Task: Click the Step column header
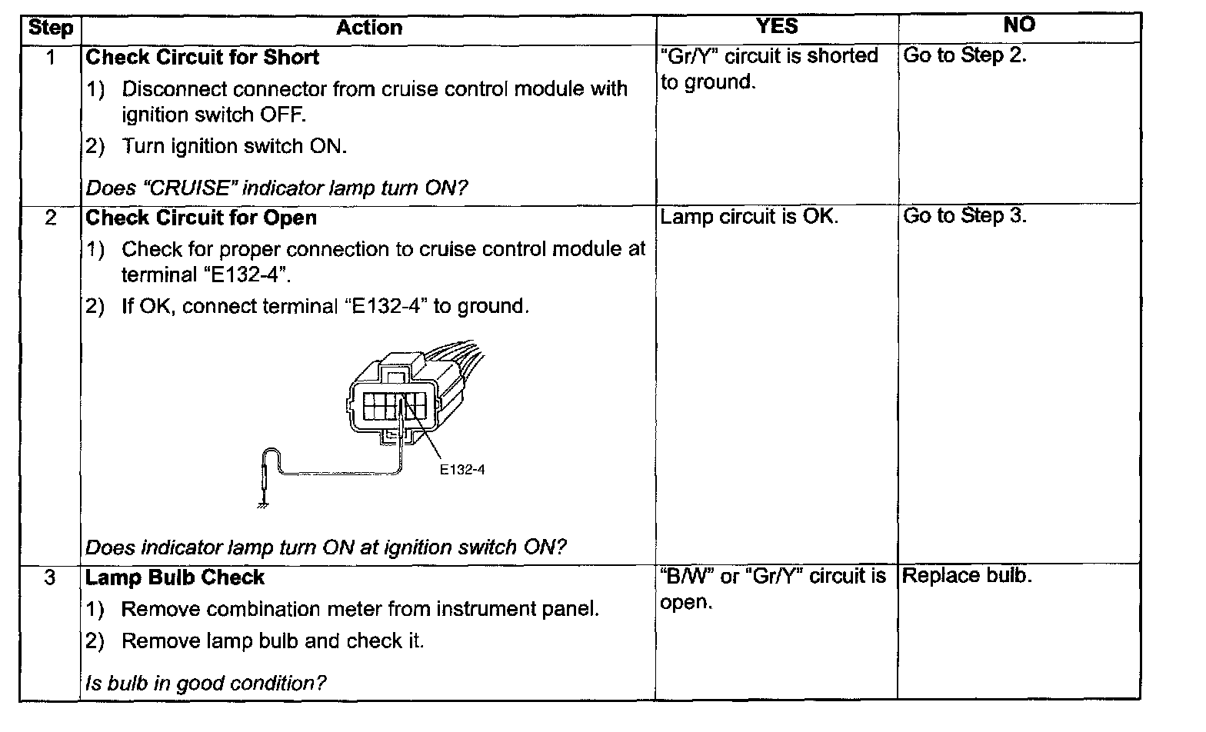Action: click(x=50, y=28)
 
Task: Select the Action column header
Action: click(x=368, y=28)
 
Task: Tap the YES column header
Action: click(x=777, y=26)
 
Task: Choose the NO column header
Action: click(x=1019, y=25)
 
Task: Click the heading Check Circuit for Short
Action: click(x=202, y=58)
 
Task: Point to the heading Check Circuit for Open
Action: click(x=201, y=218)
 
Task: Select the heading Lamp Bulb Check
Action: click(x=175, y=577)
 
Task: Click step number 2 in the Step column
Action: click(x=50, y=218)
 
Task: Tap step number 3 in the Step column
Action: click(x=50, y=577)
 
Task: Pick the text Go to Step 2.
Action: click(x=964, y=55)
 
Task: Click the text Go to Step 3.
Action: click(x=964, y=216)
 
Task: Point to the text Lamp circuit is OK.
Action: click(x=748, y=217)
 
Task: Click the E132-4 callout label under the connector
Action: click(x=461, y=469)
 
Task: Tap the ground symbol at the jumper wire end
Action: click(x=263, y=504)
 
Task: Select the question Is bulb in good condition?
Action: click(x=205, y=684)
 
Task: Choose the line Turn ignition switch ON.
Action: click(x=234, y=146)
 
